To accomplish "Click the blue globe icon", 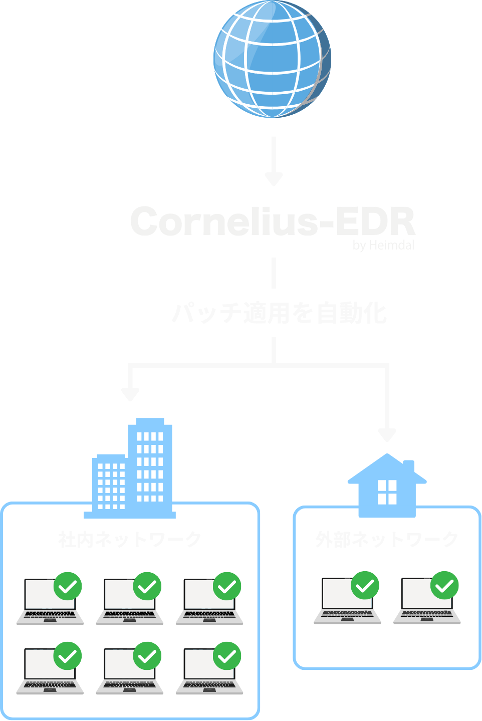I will pyautogui.click(x=272, y=59).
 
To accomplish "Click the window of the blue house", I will pyautogui.click(x=387, y=492).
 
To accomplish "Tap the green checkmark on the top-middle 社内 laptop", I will pyautogui.click(x=147, y=586).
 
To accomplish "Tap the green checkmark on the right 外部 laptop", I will pyautogui.click(x=445, y=585).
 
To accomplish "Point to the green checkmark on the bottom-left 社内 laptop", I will pyautogui.click(x=68, y=656).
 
